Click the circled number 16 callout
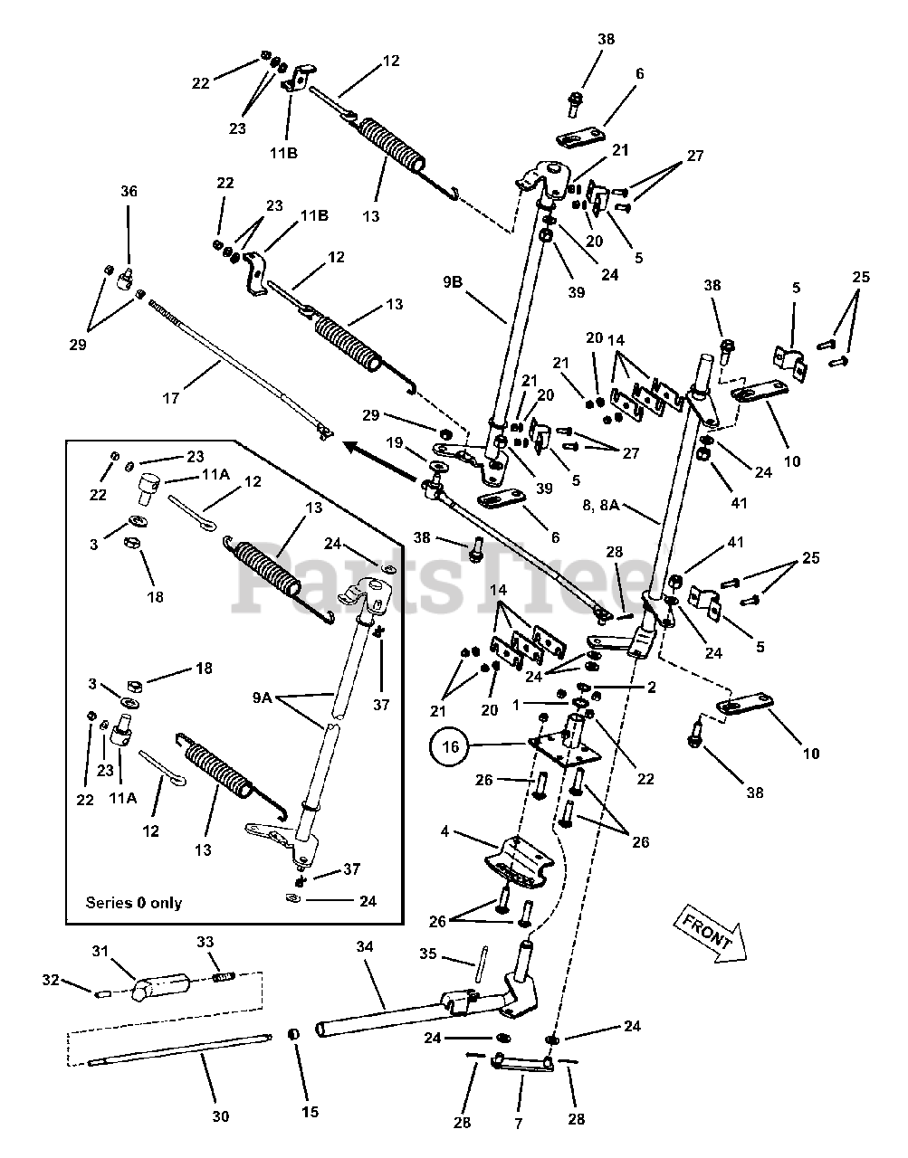pyautogui.click(x=450, y=746)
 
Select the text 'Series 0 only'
pyautogui.click(x=133, y=902)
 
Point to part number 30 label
pyautogui.click(x=220, y=1116)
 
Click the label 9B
pyautogui.click(x=454, y=281)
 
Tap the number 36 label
pyautogui.click(x=129, y=191)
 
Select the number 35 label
pyautogui.click(x=428, y=954)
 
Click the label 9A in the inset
pyautogui.click(x=262, y=698)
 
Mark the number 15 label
pyautogui.click(x=311, y=1112)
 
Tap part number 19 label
pyautogui.click(x=393, y=442)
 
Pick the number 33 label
pyautogui.click(x=205, y=942)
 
